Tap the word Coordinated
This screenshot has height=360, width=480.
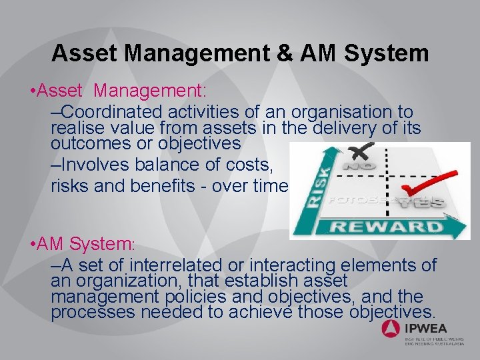tap(115, 111)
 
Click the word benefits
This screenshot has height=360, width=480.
tap(169, 186)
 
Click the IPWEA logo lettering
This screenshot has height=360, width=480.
tap(426, 328)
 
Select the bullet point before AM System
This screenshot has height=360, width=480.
tap(24, 245)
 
